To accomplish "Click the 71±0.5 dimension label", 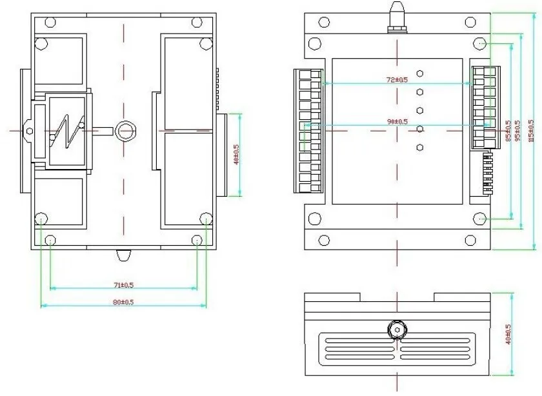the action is click(x=123, y=284).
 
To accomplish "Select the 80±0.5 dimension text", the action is click(x=123, y=301).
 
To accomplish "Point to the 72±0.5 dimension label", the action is click(x=397, y=79).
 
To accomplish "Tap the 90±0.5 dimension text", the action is click(x=397, y=121).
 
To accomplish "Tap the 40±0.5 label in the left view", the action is click(x=236, y=155).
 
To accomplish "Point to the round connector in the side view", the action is click(x=397, y=331).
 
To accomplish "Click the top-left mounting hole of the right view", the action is click(x=314, y=43).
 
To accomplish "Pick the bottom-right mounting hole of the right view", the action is click(x=481, y=219).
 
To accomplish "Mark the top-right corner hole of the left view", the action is click(x=205, y=43).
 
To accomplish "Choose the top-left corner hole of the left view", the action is click(x=41, y=43).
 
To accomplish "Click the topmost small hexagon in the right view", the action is click(x=419, y=74).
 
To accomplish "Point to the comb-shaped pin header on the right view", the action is click(x=488, y=174).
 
